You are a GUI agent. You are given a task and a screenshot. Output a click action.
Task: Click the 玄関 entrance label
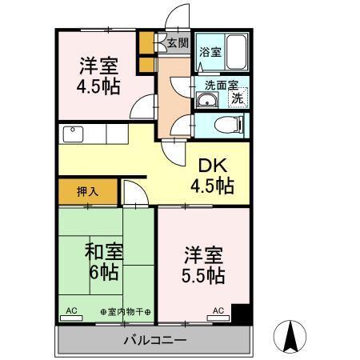178,43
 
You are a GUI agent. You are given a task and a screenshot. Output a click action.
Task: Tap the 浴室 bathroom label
210,52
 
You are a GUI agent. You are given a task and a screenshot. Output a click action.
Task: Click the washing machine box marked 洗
238,99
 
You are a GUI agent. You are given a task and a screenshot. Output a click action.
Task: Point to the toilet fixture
225,124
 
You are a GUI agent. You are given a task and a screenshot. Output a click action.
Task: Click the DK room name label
213,166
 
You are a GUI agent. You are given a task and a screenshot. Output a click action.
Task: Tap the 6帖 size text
103,272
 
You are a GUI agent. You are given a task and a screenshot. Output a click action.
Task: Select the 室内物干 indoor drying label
126,310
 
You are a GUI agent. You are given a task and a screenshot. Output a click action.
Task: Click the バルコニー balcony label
155,341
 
